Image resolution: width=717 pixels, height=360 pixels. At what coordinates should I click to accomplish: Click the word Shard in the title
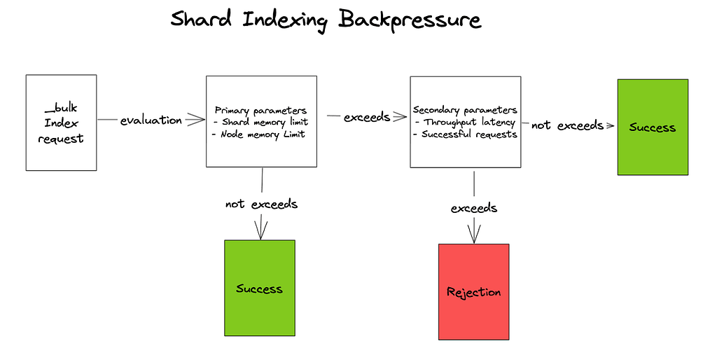coord(202,20)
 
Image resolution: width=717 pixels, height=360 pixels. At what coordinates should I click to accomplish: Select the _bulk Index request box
coord(61,123)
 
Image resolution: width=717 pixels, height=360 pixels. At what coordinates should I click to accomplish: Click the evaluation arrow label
coord(151,120)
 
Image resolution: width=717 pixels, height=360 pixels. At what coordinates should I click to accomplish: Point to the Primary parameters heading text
coord(260,110)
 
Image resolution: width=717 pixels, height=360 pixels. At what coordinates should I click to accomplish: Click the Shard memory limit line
coord(260,122)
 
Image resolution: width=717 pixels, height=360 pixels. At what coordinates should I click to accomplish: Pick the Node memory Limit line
coord(258,134)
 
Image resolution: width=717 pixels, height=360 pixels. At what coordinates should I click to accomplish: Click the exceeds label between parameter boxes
coord(366,117)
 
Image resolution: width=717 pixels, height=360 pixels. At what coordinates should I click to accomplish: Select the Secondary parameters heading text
coord(465,110)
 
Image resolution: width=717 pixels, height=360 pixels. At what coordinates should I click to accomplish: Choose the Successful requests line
coord(465,134)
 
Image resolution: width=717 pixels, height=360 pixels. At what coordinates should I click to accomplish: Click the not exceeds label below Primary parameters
coord(261,205)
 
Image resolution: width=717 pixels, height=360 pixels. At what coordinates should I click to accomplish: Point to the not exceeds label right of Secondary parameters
coord(567,125)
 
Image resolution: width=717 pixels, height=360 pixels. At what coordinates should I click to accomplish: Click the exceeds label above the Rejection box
coord(474,208)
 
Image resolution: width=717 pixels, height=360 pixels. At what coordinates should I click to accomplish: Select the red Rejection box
coord(473,291)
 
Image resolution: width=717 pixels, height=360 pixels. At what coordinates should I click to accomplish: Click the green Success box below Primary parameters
coord(259,289)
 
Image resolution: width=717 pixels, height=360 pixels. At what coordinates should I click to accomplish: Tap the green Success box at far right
coord(652,127)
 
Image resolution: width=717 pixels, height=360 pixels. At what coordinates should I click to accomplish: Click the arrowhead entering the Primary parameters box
coord(197,120)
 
